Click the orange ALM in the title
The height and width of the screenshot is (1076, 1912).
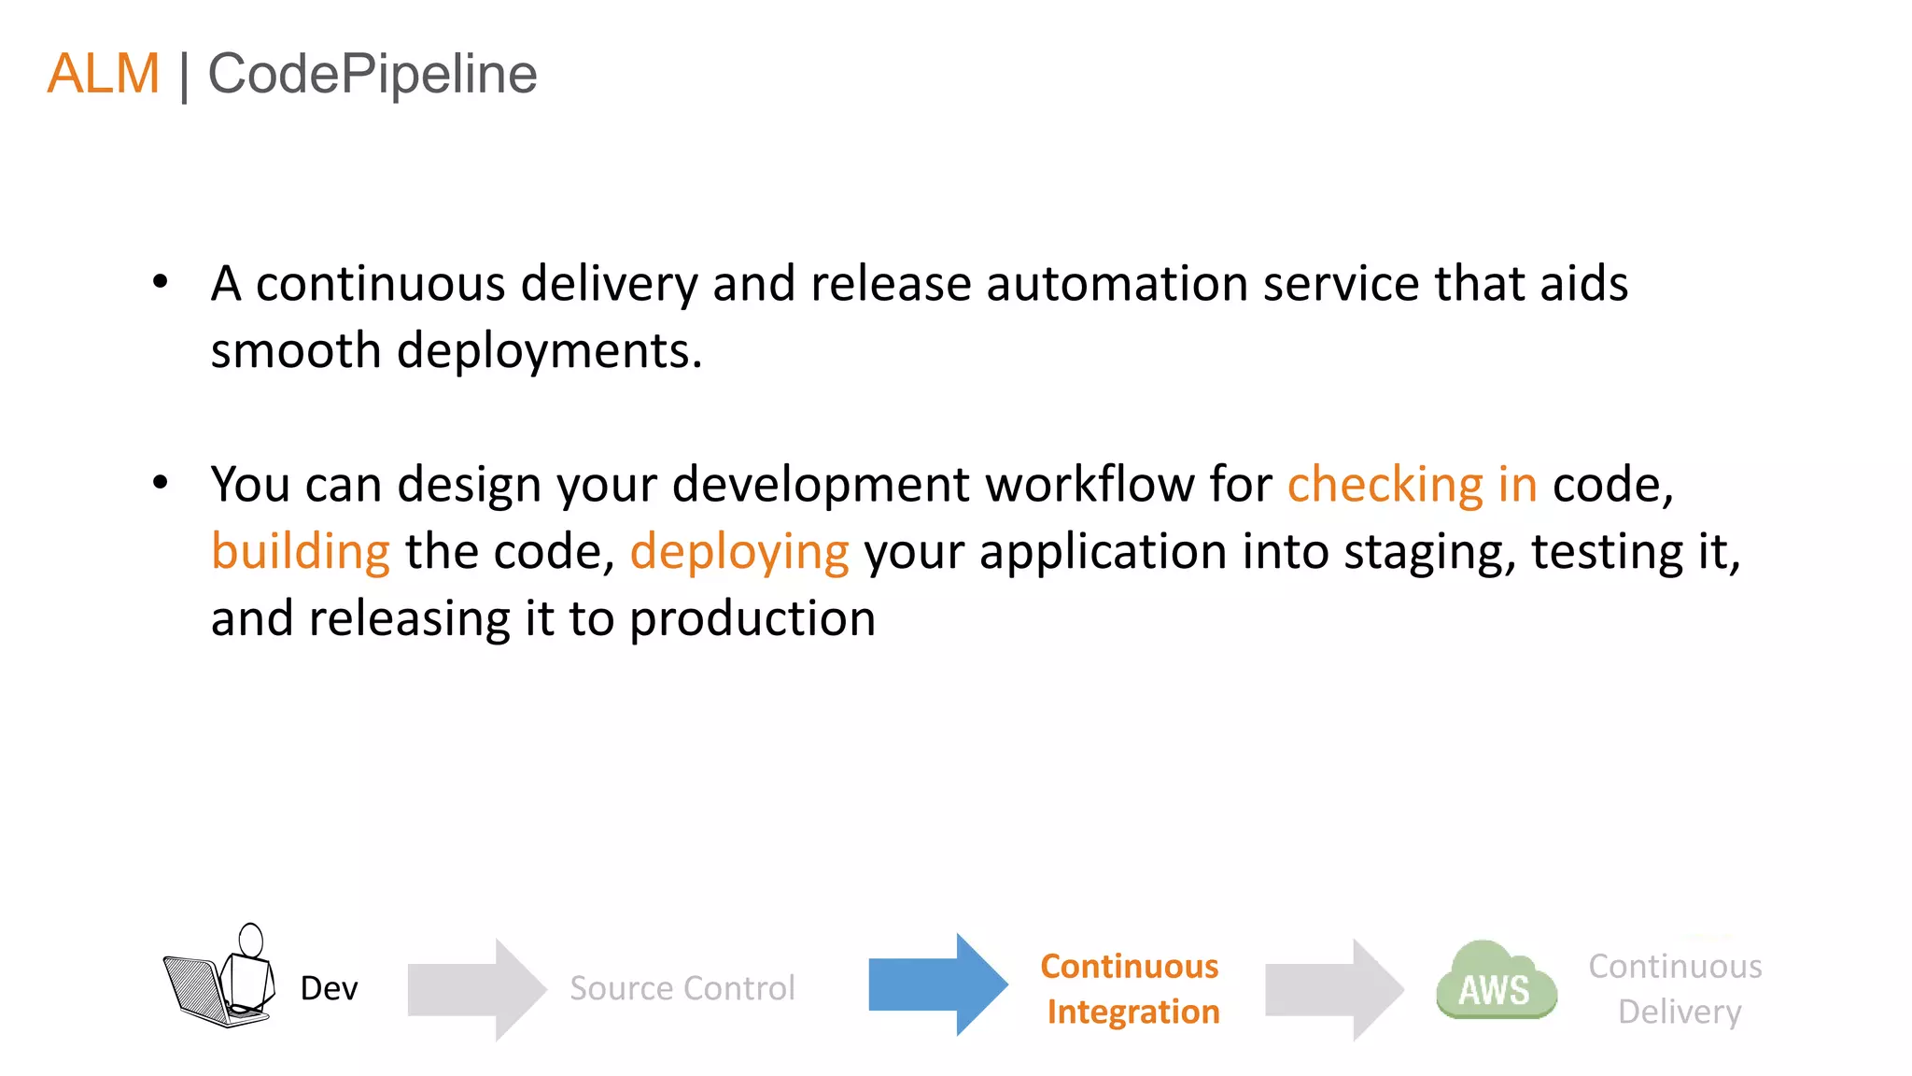click(104, 74)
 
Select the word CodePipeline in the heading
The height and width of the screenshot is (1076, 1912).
click(372, 74)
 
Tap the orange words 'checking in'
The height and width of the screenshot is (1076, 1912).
click(1412, 485)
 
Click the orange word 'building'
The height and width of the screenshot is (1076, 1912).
click(300, 551)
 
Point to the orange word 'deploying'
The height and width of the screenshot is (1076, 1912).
click(739, 551)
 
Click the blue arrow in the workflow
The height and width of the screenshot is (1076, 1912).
click(937, 984)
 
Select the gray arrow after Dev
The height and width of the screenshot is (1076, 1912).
click(476, 989)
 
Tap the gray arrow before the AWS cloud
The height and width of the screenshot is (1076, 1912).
click(1333, 989)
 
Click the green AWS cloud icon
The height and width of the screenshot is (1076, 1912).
click(1496, 983)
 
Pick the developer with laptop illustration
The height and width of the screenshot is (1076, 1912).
click(220, 977)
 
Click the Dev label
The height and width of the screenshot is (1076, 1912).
click(329, 988)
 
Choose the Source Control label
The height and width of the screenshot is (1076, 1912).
click(682, 988)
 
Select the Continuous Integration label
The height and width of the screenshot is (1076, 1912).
click(1131, 988)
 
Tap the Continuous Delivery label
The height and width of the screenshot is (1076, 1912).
click(1677, 988)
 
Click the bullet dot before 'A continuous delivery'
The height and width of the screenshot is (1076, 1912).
click(161, 281)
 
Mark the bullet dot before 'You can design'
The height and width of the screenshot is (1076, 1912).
click(161, 482)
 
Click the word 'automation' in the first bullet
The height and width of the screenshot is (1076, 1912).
click(1117, 283)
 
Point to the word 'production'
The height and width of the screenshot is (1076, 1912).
click(752, 619)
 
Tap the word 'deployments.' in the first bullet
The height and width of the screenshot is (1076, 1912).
click(549, 352)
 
